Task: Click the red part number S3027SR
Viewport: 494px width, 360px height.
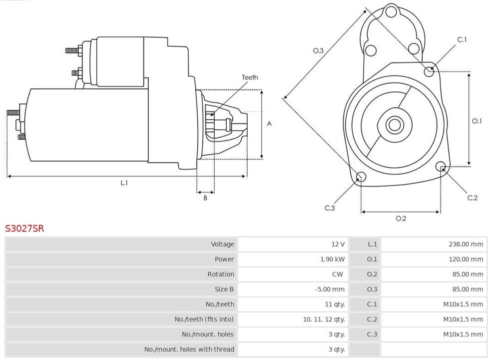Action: [x=24, y=228]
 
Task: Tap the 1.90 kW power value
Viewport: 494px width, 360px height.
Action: [x=332, y=259]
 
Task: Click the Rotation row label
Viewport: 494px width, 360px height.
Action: [x=221, y=274]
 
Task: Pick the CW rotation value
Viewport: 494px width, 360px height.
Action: [x=337, y=274]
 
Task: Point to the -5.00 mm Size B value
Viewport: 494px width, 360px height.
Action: [x=330, y=289]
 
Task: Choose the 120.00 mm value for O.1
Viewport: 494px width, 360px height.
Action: [x=466, y=259]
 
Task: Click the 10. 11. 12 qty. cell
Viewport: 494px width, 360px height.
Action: [x=324, y=319]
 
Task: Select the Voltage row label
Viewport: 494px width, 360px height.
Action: [x=222, y=244]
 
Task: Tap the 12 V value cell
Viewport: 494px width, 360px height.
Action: [x=338, y=244]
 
